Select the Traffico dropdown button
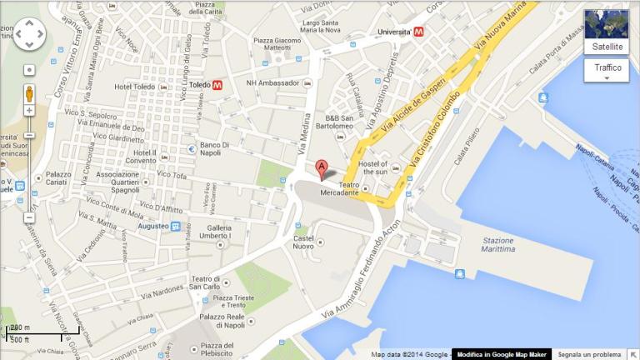[607, 70]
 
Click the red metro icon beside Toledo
[217, 85]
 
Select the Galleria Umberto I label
[219, 232]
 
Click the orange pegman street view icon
[29, 92]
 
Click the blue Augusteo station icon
[175, 226]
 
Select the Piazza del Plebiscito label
[215, 350]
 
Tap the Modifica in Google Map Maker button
[502, 354]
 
